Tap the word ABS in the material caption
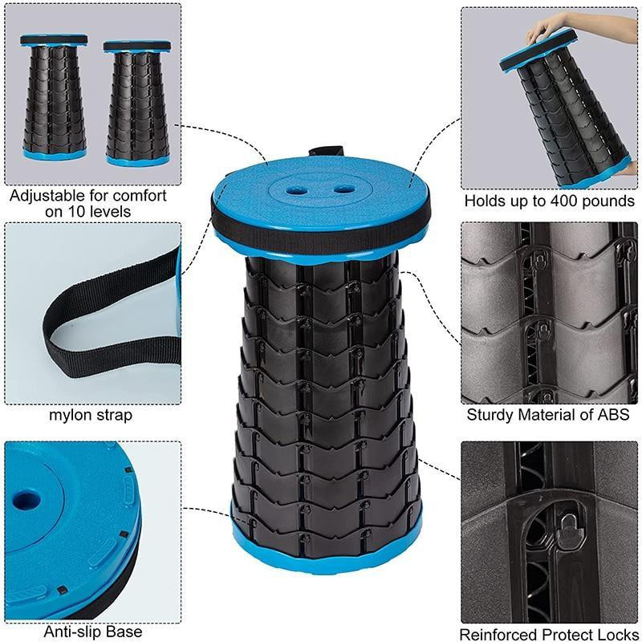tap(613, 415)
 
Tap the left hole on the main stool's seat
tap(296, 190)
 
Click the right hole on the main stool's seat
tap(345, 189)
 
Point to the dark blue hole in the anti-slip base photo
tap(26, 500)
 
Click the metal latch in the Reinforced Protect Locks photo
tap(568, 531)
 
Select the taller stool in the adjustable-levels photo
tap(54, 97)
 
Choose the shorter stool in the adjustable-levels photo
tap(137, 103)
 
